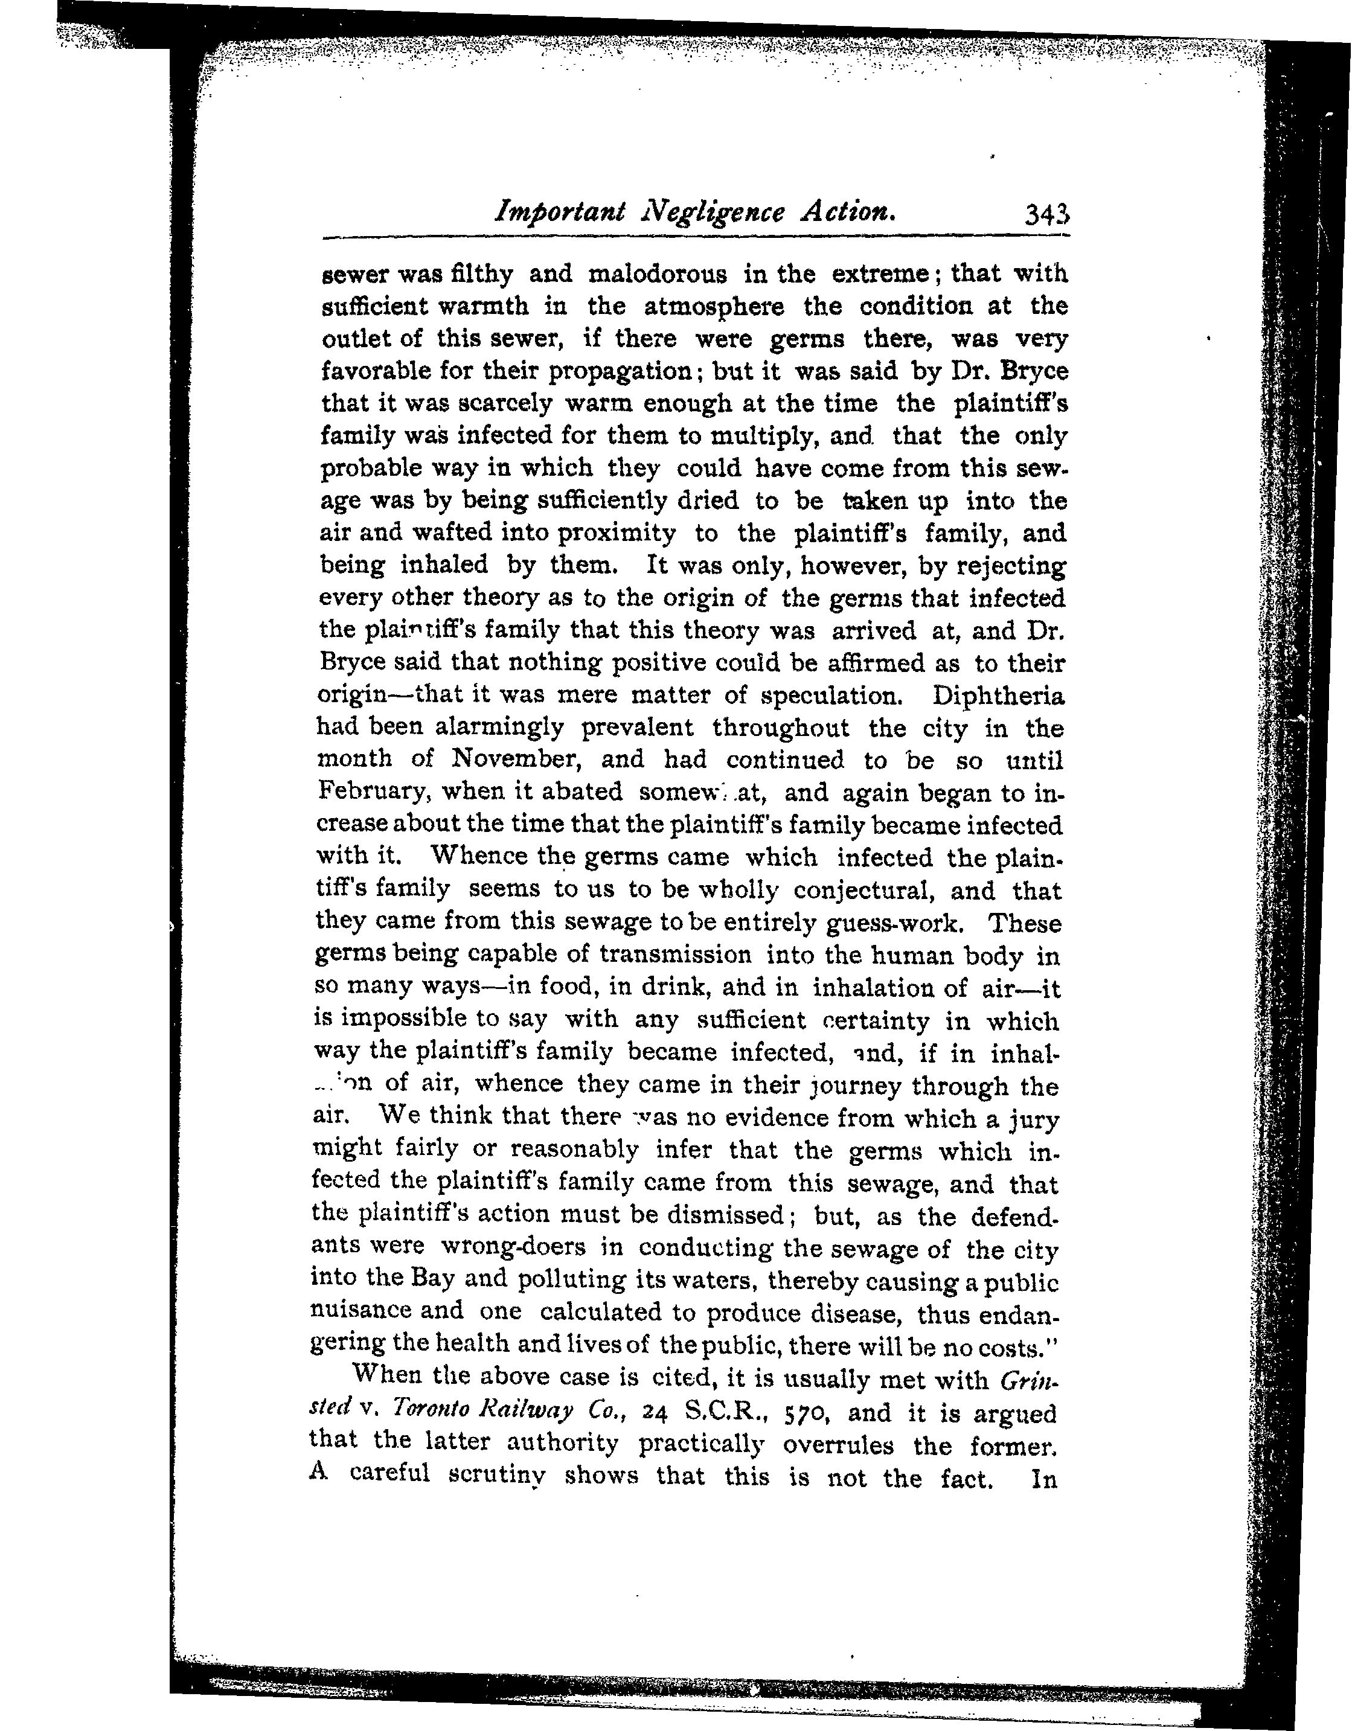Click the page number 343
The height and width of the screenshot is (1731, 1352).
point(1047,216)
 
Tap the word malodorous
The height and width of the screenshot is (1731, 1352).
point(657,274)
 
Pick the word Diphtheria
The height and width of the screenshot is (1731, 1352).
point(998,696)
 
